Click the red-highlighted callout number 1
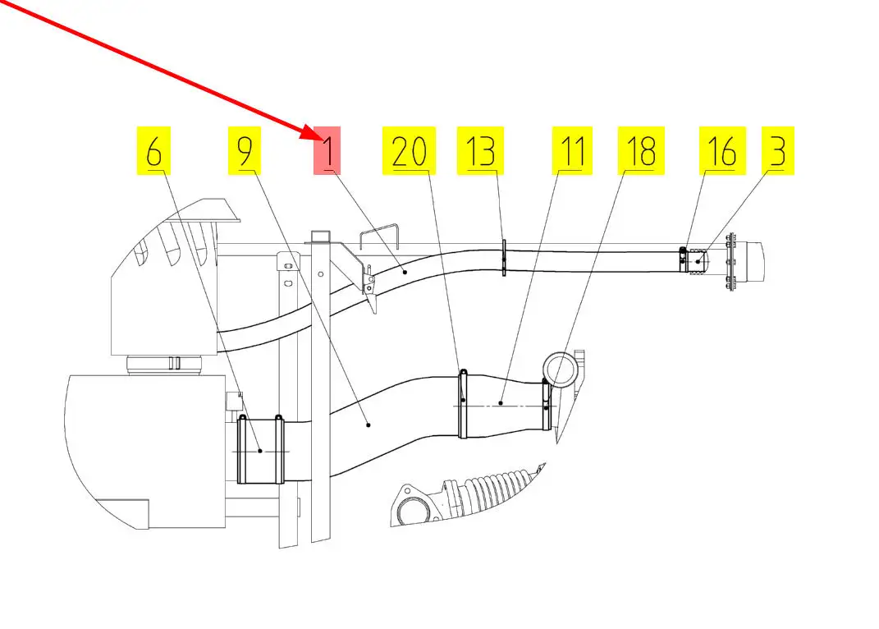327,151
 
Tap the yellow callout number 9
244,151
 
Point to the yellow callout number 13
480,151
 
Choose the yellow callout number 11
572,151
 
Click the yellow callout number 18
641,151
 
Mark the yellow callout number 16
721,151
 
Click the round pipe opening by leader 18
561,367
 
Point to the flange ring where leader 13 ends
504,259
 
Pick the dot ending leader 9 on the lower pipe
369,425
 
